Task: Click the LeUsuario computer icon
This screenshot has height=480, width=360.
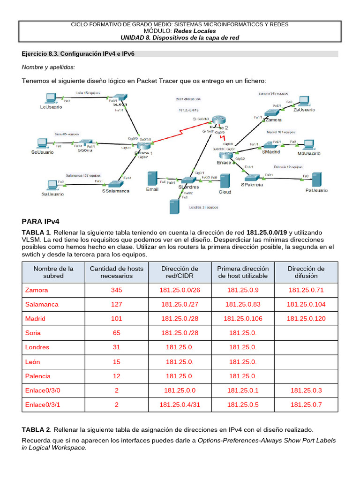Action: point(49,99)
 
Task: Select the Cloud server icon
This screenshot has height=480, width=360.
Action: point(225,181)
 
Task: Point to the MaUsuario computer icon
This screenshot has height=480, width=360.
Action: point(308,144)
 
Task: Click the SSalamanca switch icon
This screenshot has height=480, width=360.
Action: point(114,185)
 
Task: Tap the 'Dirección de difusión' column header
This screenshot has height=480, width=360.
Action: point(306,272)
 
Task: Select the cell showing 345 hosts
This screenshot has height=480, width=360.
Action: point(117,290)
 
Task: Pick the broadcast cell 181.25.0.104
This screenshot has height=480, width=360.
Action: point(306,304)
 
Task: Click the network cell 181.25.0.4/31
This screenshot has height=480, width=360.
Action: point(180,405)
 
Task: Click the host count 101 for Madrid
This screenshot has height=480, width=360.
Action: point(117,319)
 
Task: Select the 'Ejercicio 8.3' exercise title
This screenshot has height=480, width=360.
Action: point(78,54)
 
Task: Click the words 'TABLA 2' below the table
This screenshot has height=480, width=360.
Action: point(36,429)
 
